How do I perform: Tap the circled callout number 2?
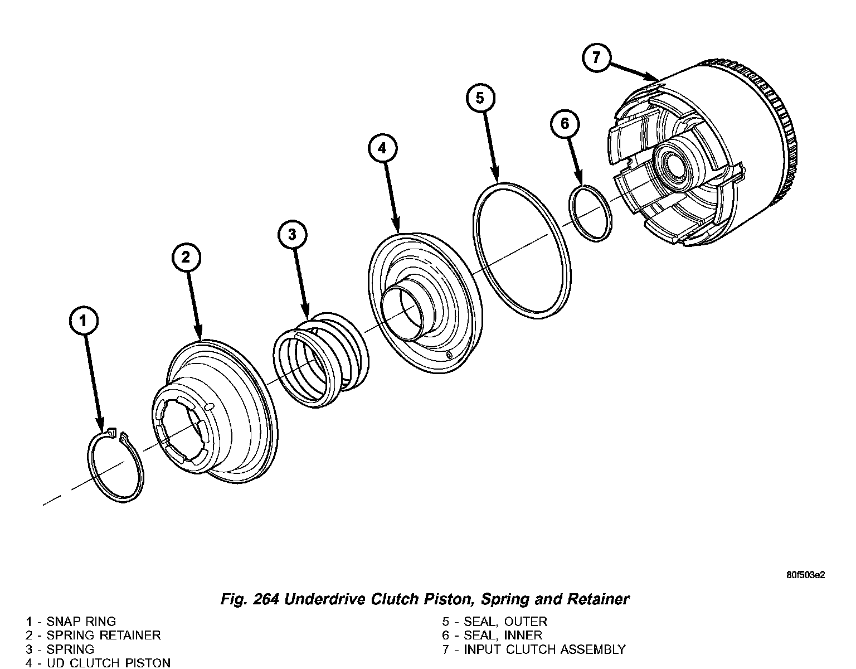coord(186,257)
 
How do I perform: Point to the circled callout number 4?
coord(382,148)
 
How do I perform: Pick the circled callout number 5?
coord(480,98)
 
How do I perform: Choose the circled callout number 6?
coord(565,124)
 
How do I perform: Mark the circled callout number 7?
coord(596,58)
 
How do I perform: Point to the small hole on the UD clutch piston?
coord(449,355)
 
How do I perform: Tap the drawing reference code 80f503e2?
coord(805,575)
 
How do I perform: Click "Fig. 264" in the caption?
coord(249,599)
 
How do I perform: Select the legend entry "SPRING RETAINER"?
coord(104,635)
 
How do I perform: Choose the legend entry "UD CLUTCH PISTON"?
coord(109,663)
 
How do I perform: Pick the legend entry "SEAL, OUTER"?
coord(505,621)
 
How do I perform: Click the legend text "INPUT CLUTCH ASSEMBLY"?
coord(544,649)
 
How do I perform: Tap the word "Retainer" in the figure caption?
coord(598,599)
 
